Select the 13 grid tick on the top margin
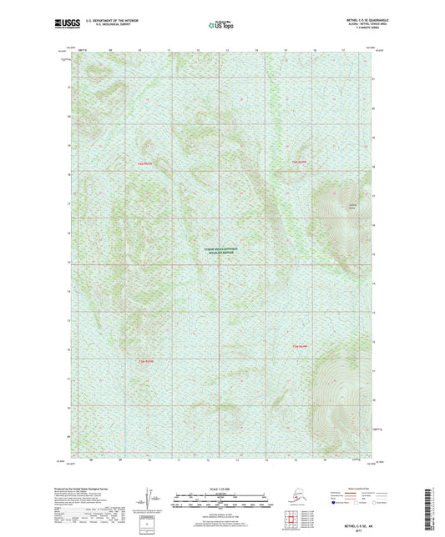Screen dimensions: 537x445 click(226, 52)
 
